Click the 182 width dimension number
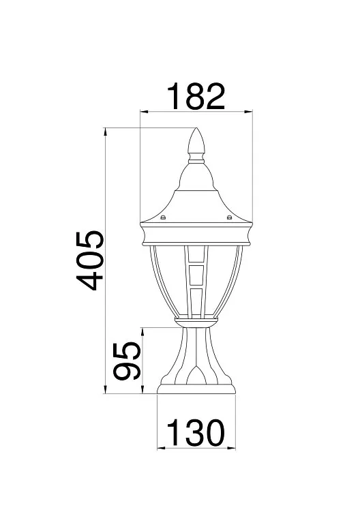(x=196, y=96)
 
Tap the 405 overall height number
(x=90, y=260)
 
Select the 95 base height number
(x=127, y=361)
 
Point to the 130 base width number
(x=196, y=432)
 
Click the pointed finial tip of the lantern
(x=196, y=128)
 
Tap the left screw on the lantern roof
(x=163, y=217)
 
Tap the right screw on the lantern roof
(x=229, y=217)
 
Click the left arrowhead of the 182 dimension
(x=143, y=112)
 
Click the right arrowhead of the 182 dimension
(x=249, y=112)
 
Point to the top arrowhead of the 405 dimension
(x=105, y=132)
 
